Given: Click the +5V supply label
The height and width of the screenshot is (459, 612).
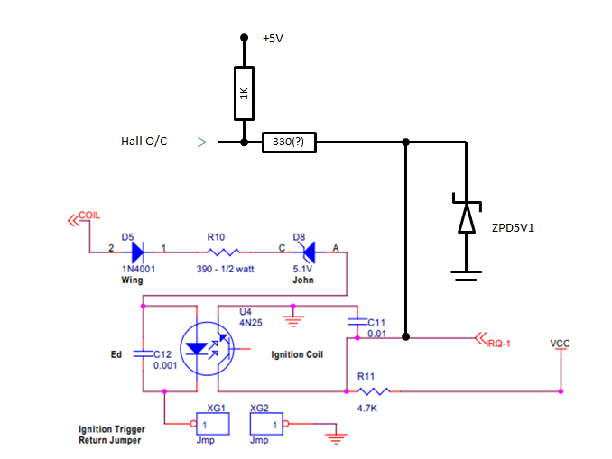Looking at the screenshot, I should (x=274, y=39).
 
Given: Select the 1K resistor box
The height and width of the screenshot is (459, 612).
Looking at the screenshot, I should (x=243, y=94).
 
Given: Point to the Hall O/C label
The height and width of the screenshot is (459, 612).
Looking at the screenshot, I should (x=144, y=142).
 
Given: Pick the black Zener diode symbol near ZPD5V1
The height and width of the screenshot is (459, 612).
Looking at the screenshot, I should (x=466, y=217).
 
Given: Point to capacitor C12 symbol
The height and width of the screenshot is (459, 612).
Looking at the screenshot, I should (x=142, y=354).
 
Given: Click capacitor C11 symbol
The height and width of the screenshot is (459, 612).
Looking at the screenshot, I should (x=357, y=322).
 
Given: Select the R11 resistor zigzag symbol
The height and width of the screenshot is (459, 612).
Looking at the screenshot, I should (x=372, y=391).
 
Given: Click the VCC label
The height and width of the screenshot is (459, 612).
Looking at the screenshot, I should (x=560, y=344).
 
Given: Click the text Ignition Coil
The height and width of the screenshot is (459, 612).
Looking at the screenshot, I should (x=296, y=354).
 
